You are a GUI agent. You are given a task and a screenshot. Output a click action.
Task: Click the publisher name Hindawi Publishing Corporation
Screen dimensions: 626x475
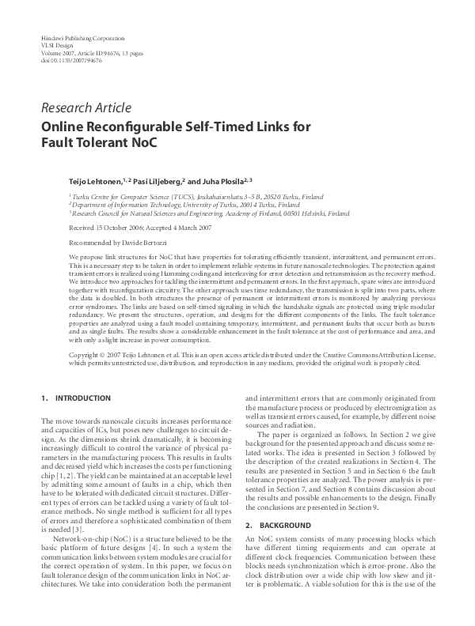(x=80, y=38)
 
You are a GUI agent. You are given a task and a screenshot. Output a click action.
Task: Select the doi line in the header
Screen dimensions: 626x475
(x=66, y=59)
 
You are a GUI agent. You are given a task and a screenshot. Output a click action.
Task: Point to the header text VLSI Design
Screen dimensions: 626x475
(x=56, y=45)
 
